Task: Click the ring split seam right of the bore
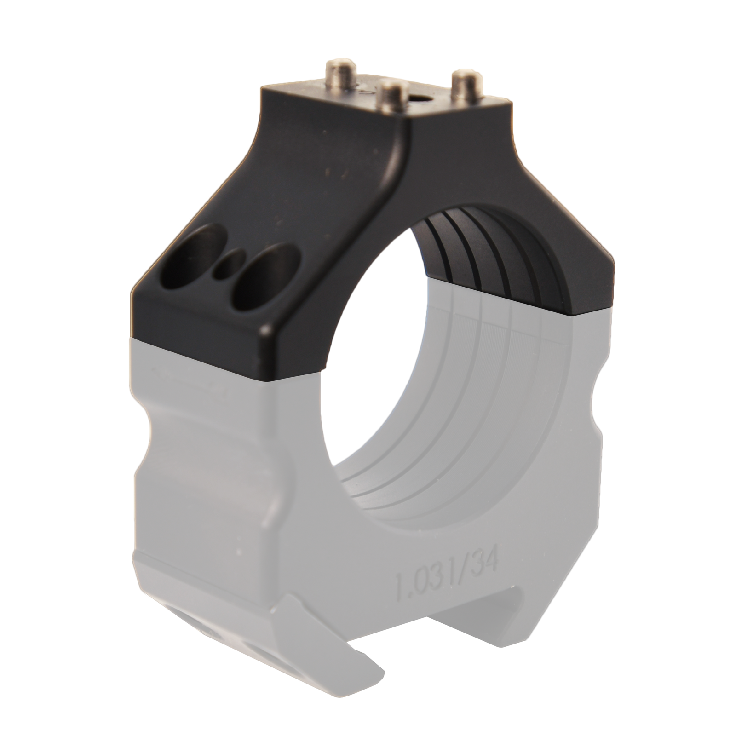(593, 310)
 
